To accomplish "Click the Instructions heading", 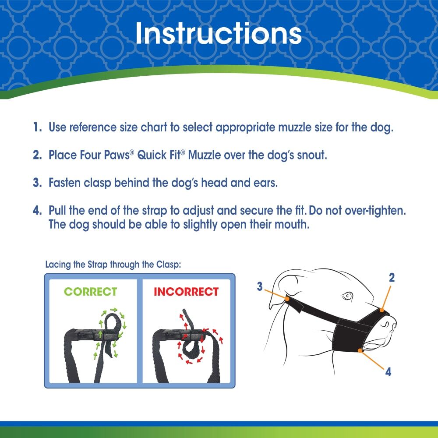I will (x=219, y=33).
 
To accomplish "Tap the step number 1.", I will (x=37, y=128).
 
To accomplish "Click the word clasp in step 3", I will (x=99, y=182).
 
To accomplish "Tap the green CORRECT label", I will (x=91, y=292).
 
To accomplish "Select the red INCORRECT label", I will (x=186, y=292).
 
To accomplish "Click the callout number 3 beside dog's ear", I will (x=260, y=287).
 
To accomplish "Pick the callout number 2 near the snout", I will (x=392, y=277).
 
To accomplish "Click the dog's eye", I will (x=347, y=296).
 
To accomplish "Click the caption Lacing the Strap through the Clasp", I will (x=112, y=265).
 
